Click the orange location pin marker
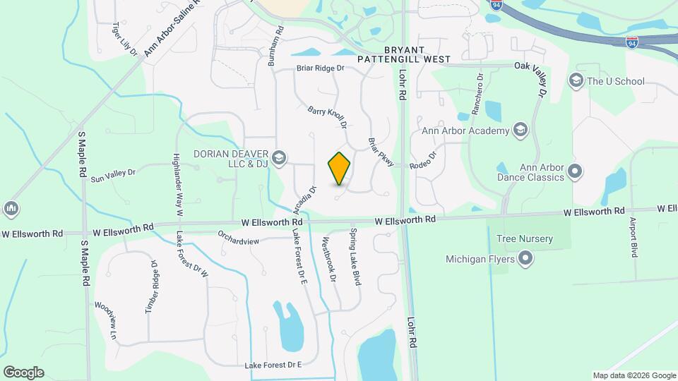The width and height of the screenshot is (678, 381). coord(340,168)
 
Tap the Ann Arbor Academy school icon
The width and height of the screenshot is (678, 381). coord(521,130)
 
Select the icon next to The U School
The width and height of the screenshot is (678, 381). coord(576,81)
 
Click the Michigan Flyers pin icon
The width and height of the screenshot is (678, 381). coord(525,259)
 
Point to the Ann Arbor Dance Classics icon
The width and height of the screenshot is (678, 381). coord(576,171)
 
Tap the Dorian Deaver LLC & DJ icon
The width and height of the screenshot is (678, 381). coord(279,157)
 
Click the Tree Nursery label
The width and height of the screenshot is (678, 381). coord(525,239)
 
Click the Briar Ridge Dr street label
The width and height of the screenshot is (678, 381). coord(320,68)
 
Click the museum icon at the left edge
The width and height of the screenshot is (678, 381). coord(11,209)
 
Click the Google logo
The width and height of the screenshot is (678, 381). coord(23,373)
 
